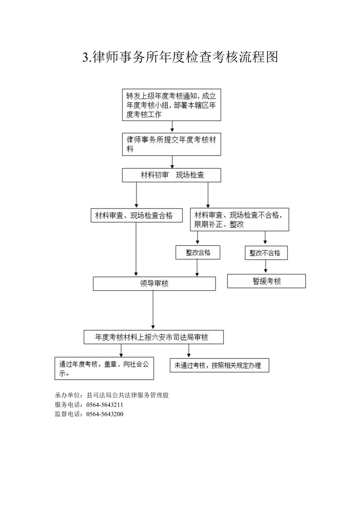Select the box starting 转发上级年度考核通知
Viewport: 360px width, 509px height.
coord(172,105)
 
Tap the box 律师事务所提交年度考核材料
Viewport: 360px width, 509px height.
coord(172,144)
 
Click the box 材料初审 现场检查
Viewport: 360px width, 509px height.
coord(172,175)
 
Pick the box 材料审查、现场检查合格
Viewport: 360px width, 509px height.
coord(137,215)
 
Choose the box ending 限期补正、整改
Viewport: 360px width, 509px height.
coord(239,220)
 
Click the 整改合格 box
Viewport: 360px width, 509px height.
coord(198,253)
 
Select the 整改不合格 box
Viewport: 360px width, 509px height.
coord(266,253)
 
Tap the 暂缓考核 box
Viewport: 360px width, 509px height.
coord(266,281)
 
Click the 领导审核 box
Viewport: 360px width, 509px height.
coord(154,284)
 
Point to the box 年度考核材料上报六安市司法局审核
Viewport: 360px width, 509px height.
coord(154,337)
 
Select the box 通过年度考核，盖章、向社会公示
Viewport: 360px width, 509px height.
coord(104,368)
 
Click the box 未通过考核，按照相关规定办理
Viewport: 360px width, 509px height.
coord(219,365)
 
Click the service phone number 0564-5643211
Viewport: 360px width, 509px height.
coord(104,405)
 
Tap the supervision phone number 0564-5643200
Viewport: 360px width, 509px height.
coord(104,414)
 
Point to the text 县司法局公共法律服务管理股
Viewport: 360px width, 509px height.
coord(128,396)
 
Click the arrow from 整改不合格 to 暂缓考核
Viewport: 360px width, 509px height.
coord(266,267)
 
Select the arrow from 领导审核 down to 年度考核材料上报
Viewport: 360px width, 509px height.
coord(153,310)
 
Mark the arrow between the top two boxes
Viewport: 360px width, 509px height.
coord(172,127)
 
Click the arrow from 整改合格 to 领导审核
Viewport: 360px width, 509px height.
coord(197,268)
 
